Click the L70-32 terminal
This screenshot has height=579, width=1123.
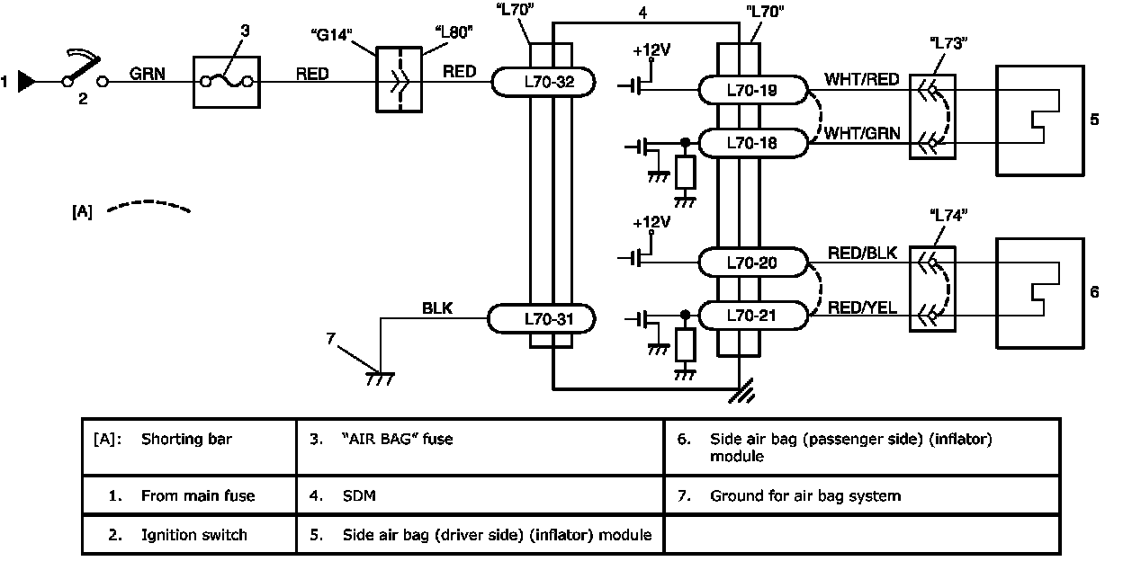(544, 83)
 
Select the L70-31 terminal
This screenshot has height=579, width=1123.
(543, 318)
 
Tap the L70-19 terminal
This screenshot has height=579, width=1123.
(753, 90)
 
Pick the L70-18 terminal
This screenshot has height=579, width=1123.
(753, 142)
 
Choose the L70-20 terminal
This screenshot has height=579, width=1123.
(753, 263)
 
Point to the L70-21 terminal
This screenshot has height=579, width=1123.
(753, 316)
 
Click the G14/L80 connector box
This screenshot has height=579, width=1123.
(398, 84)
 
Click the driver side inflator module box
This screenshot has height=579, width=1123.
(1038, 120)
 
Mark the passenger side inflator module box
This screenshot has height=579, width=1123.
(1038, 292)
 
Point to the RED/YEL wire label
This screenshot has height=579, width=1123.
(863, 307)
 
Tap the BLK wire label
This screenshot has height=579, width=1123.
(437, 308)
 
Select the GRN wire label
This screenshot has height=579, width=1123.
(147, 74)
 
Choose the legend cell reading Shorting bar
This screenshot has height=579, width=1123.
(186, 440)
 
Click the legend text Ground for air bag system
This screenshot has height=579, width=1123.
(804, 495)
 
